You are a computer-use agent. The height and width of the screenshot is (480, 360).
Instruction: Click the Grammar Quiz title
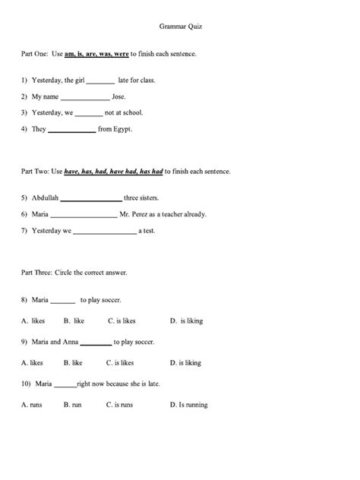tap(181, 25)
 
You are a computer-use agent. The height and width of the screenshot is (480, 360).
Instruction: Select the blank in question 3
tap(88, 113)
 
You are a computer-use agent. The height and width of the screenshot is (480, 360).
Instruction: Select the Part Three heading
tap(74, 272)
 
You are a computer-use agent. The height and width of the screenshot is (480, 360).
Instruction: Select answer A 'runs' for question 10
tap(33, 405)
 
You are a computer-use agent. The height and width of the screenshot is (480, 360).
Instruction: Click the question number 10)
tap(27, 384)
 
